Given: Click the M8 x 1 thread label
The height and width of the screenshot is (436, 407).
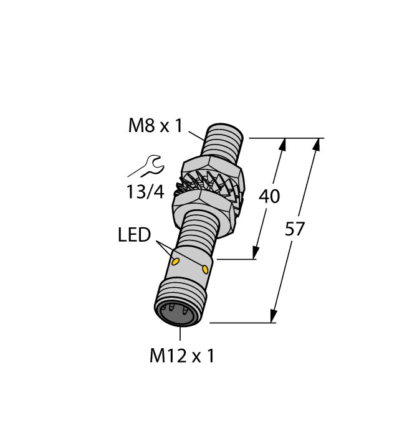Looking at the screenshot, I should [x=155, y=126].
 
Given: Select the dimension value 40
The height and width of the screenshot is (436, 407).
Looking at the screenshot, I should [x=269, y=196].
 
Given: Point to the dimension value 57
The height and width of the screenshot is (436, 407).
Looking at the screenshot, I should [x=295, y=229].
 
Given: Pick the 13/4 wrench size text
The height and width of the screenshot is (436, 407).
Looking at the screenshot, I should [x=145, y=192].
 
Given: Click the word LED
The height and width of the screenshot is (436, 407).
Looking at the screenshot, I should [x=134, y=235].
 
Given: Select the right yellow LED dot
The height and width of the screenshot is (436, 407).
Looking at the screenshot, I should [x=205, y=269].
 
